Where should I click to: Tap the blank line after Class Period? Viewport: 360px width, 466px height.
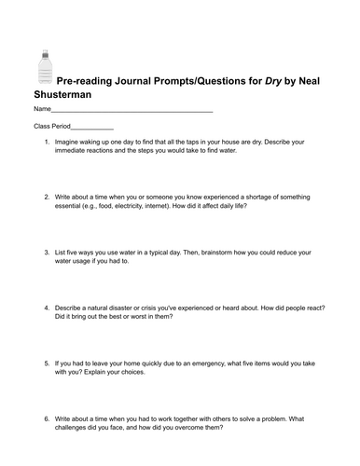[x=92, y=130]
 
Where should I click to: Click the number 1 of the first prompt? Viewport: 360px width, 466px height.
[x=46, y=142]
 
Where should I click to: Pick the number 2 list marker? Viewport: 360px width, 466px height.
[x=46, y=198]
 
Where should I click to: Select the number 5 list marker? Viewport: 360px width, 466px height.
[x=46, y=363]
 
